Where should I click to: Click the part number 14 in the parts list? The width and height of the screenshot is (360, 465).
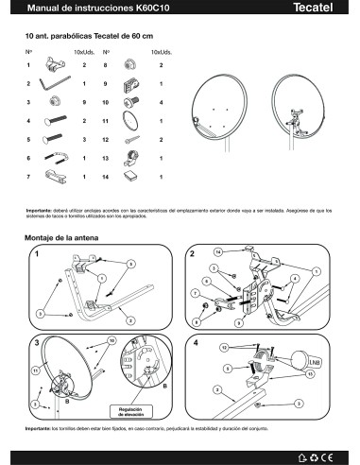tap(106, 176)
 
